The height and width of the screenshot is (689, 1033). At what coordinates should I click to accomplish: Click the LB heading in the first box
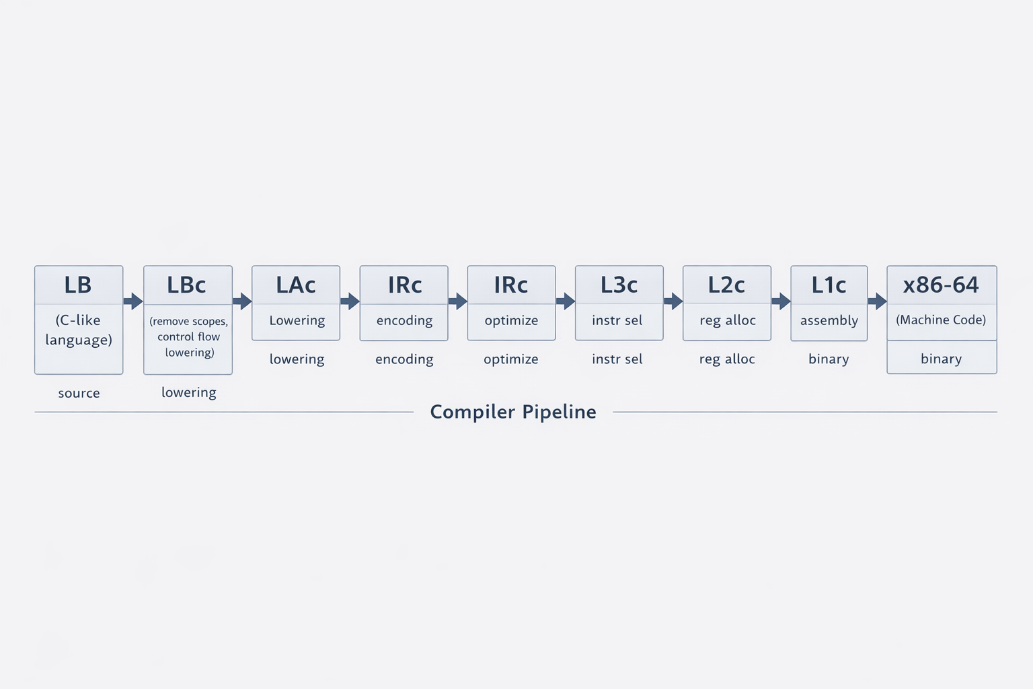(x=78, y=285)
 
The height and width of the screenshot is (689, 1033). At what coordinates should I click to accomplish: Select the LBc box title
(x=186, y=285)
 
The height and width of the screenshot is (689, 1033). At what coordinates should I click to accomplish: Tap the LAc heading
(x=296, y=285)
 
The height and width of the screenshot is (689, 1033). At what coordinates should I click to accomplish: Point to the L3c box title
(x=619, y=285)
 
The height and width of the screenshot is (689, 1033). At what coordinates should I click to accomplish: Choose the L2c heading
(x=726, y=285)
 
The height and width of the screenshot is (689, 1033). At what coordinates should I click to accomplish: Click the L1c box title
(x=829, y=285)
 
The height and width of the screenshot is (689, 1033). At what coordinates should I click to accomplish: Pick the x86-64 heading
(x=941, y=285)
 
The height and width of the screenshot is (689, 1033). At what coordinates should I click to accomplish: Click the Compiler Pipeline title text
(x=513, y=412)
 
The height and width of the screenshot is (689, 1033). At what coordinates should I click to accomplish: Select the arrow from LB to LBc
(x=133, y=301)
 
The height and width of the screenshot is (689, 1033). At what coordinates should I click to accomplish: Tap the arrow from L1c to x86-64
(x=877, y=301)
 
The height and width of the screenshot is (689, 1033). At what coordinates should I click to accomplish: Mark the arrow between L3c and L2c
(x=673, y=301)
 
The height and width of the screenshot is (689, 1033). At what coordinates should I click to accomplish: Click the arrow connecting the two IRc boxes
(x=457, y=301)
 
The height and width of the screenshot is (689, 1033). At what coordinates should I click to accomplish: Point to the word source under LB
(x=79, y=393)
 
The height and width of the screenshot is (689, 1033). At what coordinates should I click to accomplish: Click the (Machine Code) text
(x=941, y=320)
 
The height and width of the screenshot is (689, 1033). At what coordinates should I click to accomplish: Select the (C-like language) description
(x=79, y=330)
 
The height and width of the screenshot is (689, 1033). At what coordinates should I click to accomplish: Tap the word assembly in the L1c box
(x=829, y=320)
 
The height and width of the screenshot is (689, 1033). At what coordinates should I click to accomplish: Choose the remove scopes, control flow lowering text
(x=189, y=336)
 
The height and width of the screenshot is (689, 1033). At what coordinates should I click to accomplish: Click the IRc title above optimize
(x=511, y=285)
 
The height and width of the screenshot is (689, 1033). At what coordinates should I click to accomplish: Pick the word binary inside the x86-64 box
(x=941, y=359)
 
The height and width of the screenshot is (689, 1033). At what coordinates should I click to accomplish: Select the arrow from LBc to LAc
(x=242, y=301)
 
